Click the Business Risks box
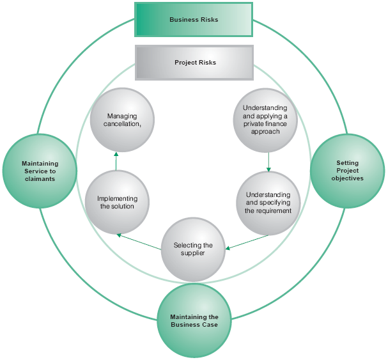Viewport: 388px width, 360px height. point(194,19)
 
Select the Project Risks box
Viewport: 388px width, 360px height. point(195,63)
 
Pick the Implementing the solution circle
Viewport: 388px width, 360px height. point(116,202)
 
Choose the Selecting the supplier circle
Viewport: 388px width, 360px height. point(192,249)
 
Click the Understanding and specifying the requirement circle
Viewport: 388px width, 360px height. point(268,202)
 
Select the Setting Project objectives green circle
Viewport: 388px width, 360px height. point(347,171)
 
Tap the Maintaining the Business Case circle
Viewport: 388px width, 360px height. point(194,321)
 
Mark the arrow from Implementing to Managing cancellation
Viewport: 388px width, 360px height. point(116,161)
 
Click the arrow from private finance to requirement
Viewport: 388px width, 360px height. point(268,160)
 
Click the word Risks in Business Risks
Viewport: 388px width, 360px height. point(208,20)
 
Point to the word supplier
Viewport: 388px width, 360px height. point(192,254)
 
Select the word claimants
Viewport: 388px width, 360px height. point(39,178)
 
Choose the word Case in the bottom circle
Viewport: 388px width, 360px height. point(210,325)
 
